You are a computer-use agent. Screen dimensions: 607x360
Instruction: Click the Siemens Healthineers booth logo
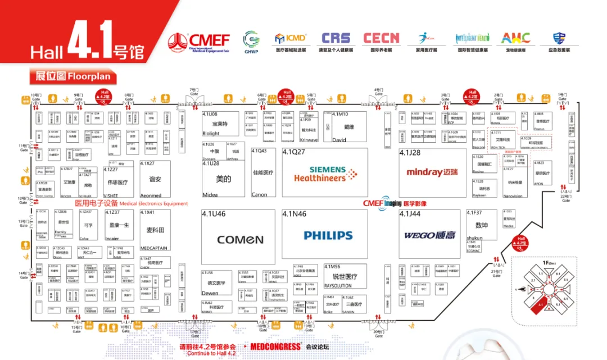click(325, 174)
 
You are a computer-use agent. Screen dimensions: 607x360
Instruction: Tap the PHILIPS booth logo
click(328, 235)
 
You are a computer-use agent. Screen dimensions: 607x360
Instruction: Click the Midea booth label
click(210, 194)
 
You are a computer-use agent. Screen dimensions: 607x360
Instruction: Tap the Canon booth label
click(259, 194)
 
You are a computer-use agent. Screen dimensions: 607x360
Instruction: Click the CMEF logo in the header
click(199, 41)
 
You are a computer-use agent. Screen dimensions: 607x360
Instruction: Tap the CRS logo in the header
click(337, 38)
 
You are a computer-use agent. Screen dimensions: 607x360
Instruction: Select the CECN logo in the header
click(381, 38)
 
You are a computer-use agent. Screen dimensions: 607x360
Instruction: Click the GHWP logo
click(251, 41)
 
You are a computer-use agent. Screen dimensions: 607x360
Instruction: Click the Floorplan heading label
click(73, 76)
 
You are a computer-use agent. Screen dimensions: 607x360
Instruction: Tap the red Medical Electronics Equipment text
click(132, 203)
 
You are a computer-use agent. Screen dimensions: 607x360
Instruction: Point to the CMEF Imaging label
click(395, 203)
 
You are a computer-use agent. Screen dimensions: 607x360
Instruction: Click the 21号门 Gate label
click(496, 273)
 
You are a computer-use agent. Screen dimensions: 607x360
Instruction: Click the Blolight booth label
click(211, 134)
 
